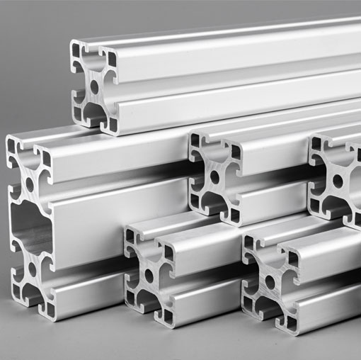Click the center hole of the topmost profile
(94, 86)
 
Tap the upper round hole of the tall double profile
(30, 182)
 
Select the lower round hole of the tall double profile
(33, 270)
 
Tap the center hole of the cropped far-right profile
(338, 181)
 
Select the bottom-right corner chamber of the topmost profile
(110, 123)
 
